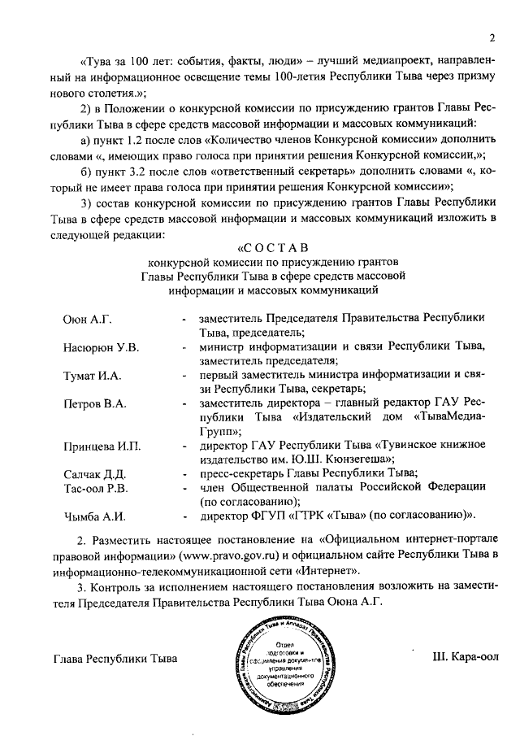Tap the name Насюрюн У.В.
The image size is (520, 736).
tap(101, 348)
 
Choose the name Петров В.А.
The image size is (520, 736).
tap(93, 403)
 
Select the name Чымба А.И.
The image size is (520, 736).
tap(93, 516)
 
